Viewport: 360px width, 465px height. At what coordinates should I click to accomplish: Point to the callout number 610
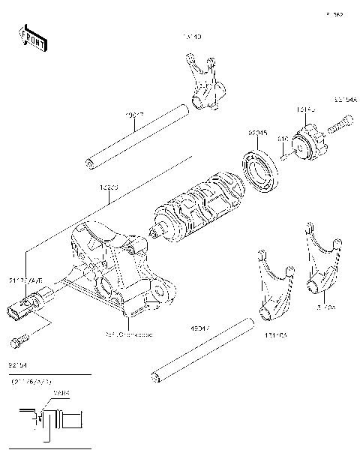283,139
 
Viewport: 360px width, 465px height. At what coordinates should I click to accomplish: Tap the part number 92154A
346,97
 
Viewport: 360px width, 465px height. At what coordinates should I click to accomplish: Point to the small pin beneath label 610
286,156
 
